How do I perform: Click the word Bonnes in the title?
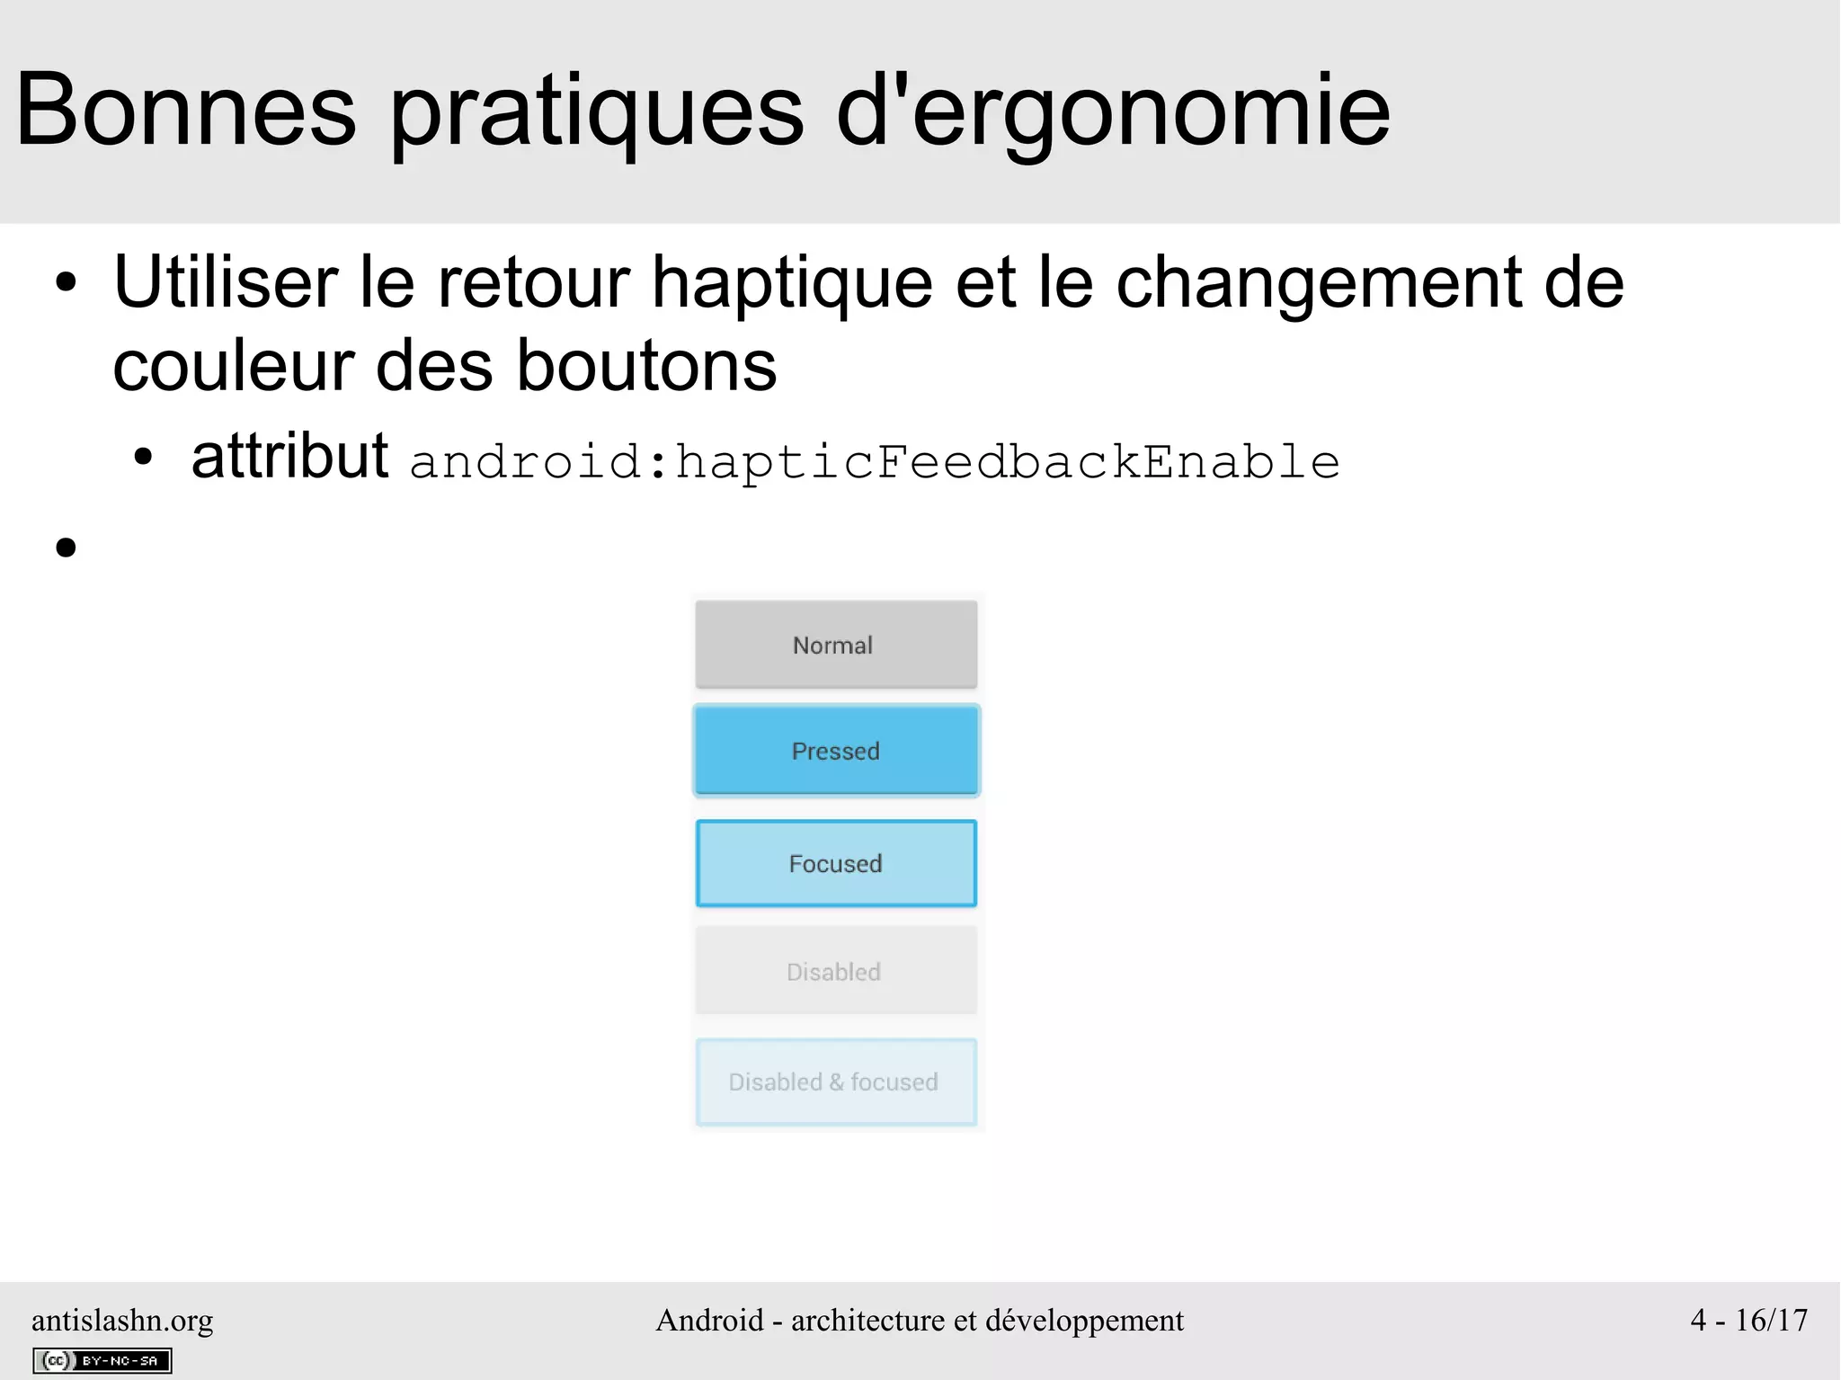[186, 111]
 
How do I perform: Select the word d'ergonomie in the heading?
[1113, 112]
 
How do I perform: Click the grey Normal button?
[835, 645]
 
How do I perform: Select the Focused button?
[835, 863]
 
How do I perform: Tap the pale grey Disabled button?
[835, 971]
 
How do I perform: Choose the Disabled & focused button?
[835, 1082]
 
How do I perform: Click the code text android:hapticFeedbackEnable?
[874, 462]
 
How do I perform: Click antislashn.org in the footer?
[122, 1320]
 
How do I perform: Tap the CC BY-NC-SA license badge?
[102, 1360]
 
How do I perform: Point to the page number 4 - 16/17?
[1748, 1320]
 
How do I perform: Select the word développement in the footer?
[1084, 1320]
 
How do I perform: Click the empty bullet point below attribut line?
[66, 547]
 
